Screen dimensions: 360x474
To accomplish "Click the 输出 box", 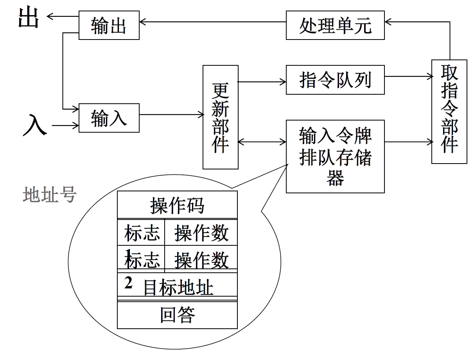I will click(109, 25).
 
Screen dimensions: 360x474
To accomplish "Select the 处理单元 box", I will click(335, 25).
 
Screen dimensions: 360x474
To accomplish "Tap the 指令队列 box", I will click(335, 80).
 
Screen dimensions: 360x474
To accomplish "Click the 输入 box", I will click(109, 118).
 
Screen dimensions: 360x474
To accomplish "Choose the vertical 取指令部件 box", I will click(449, 112).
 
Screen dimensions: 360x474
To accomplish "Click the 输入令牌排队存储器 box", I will click(335, 157).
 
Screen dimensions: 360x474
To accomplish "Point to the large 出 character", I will click(28, 18).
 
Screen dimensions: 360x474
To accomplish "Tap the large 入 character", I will click(34, 124).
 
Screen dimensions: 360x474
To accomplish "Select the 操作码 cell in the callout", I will click(177, 205).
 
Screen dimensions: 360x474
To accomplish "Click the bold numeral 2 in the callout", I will click(128, 283).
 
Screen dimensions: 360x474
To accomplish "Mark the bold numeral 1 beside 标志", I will click(127, 252).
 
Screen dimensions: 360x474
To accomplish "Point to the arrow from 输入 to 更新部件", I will click(171, 114).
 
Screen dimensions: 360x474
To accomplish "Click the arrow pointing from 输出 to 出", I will click(63, 16).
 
